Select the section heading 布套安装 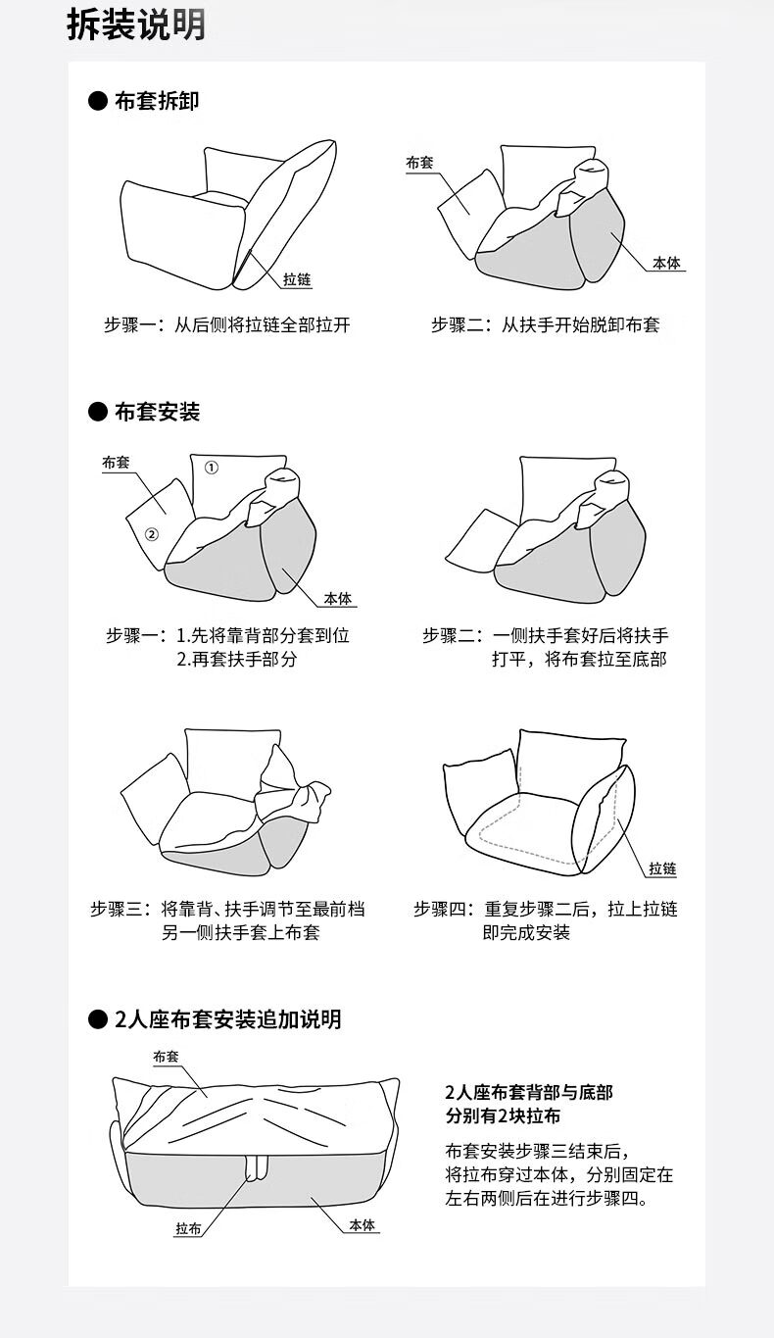157,412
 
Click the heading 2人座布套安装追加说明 227,1019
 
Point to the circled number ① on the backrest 212,468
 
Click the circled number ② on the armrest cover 152,534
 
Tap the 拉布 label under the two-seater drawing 189,1228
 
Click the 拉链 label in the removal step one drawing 297,280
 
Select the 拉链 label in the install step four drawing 662,869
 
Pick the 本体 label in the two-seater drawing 363,1225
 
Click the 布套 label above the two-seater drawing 166,1057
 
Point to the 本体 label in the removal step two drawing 668,264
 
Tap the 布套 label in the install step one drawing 117,462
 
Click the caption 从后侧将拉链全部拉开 262,325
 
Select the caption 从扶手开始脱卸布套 581,325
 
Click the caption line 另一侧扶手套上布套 240,932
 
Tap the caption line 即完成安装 526,932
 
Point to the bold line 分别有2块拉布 503,1116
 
